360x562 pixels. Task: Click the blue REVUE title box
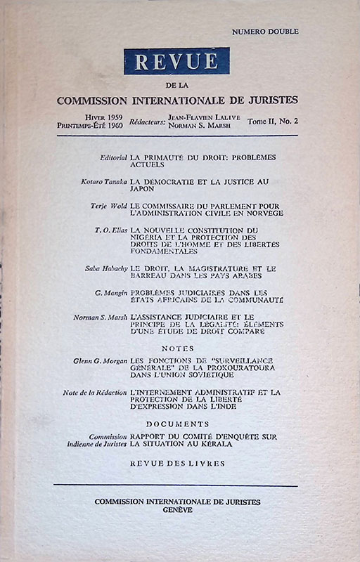click(177, 61)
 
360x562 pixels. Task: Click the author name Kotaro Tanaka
click(105, 181)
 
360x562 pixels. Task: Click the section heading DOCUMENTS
click(177, 424)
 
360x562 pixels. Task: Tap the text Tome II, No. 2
click(274, 122)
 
